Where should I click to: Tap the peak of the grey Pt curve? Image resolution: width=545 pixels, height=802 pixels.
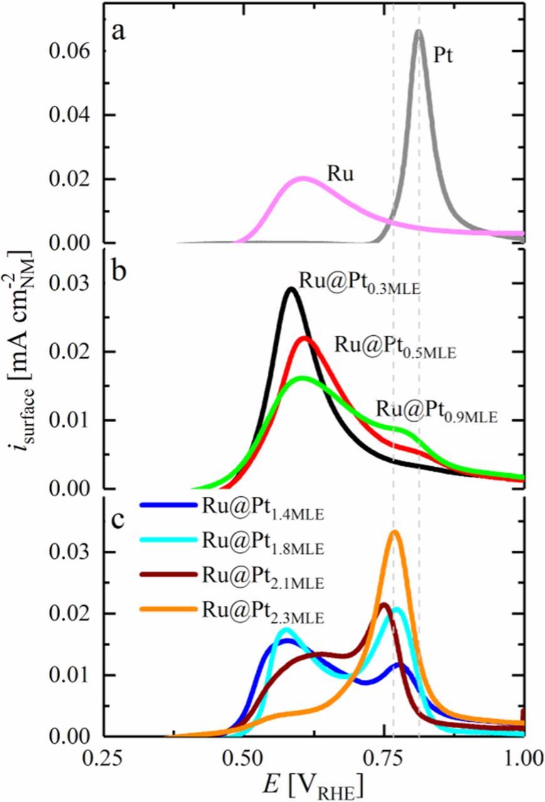pos(418,31)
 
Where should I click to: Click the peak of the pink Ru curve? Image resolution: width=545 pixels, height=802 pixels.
pos(303,178)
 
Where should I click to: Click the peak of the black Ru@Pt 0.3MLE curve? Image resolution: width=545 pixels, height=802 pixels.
pos(291,289)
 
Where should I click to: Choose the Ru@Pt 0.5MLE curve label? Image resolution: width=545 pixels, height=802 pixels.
pos(396,346)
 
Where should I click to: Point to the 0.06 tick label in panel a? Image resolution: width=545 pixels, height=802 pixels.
pos(71,51)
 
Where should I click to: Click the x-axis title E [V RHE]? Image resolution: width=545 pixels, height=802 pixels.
pos(313,783)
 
